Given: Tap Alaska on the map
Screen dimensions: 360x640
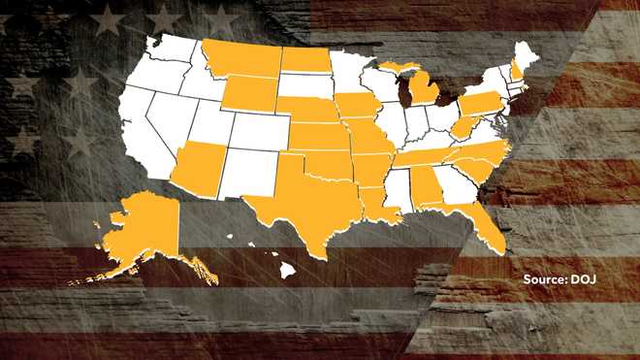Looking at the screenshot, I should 145,233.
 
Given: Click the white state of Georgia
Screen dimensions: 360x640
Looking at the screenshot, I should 453,184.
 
